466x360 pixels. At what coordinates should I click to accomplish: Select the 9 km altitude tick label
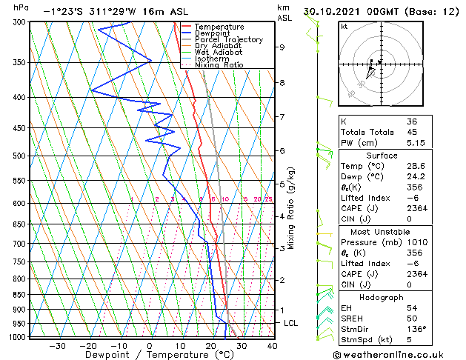[x=282, y=47]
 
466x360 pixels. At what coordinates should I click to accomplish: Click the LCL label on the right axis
[x=291, y=324]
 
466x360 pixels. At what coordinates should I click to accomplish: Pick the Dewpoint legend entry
[x=212, y=33]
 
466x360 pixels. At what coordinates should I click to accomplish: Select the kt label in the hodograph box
[x=344, y=27]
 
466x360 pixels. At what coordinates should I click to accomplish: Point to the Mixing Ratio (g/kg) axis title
[x=292, y=207]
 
